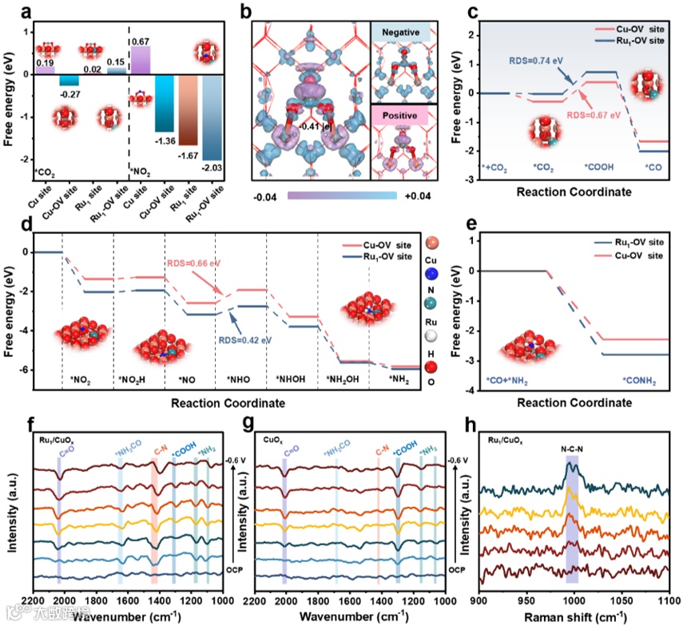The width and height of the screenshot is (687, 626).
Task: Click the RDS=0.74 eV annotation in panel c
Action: (x=534, y=59)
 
